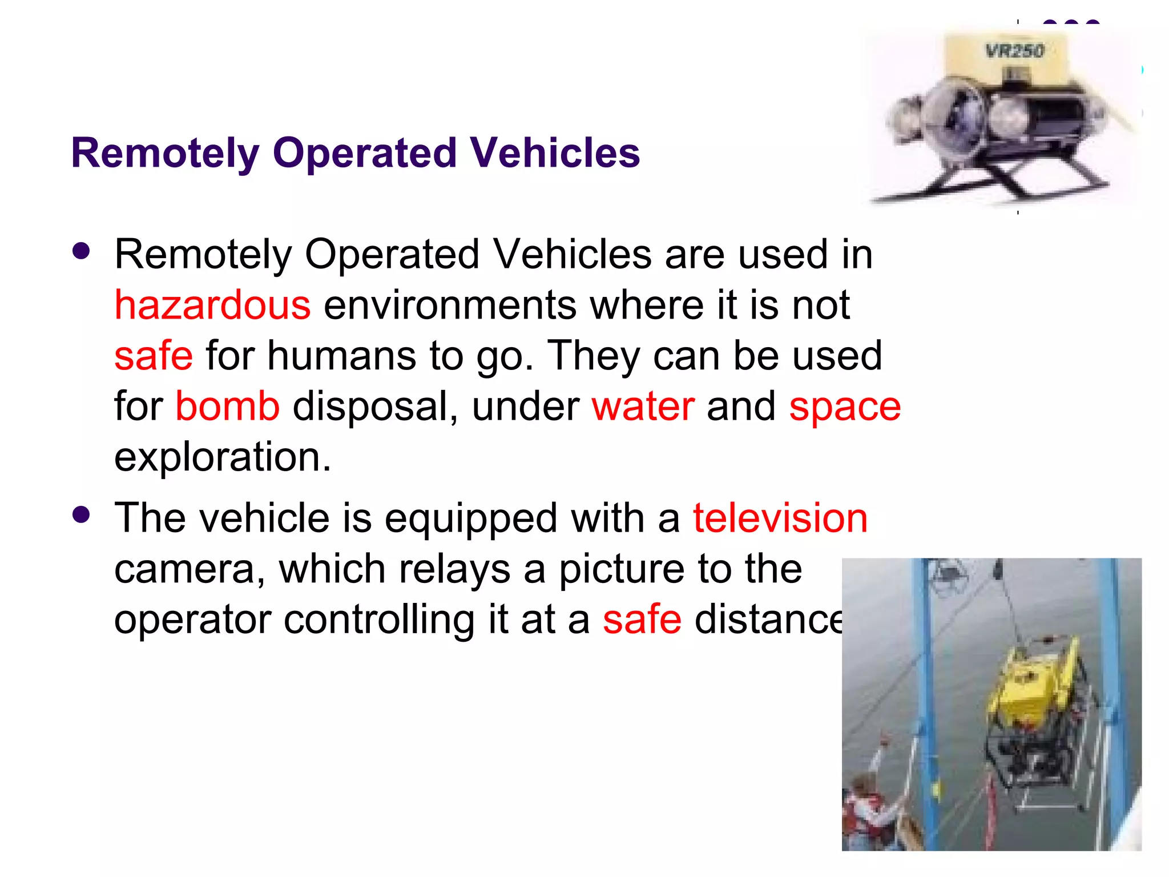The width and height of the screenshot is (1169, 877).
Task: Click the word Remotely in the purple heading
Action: point(166,153)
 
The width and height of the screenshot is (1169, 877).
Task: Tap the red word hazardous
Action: point(212,305)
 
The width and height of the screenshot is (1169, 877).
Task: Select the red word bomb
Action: point(227,406)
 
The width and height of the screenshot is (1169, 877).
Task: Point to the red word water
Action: point(643,406)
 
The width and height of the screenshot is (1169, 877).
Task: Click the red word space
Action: point(845,407)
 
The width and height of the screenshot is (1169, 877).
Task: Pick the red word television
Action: point(780,518)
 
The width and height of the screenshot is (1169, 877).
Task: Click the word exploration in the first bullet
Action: point(223,457)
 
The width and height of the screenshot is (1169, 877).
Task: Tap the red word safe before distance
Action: point(642,619)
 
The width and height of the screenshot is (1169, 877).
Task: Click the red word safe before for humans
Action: point(154,355)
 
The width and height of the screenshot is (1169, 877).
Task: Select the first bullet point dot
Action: point(82,251)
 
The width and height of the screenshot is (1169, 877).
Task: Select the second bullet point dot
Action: point(82,515)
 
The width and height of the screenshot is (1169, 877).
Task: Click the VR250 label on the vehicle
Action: point(1015,51)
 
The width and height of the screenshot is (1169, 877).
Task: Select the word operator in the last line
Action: point(192,619)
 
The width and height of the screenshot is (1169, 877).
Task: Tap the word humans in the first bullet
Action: point(341,355)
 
